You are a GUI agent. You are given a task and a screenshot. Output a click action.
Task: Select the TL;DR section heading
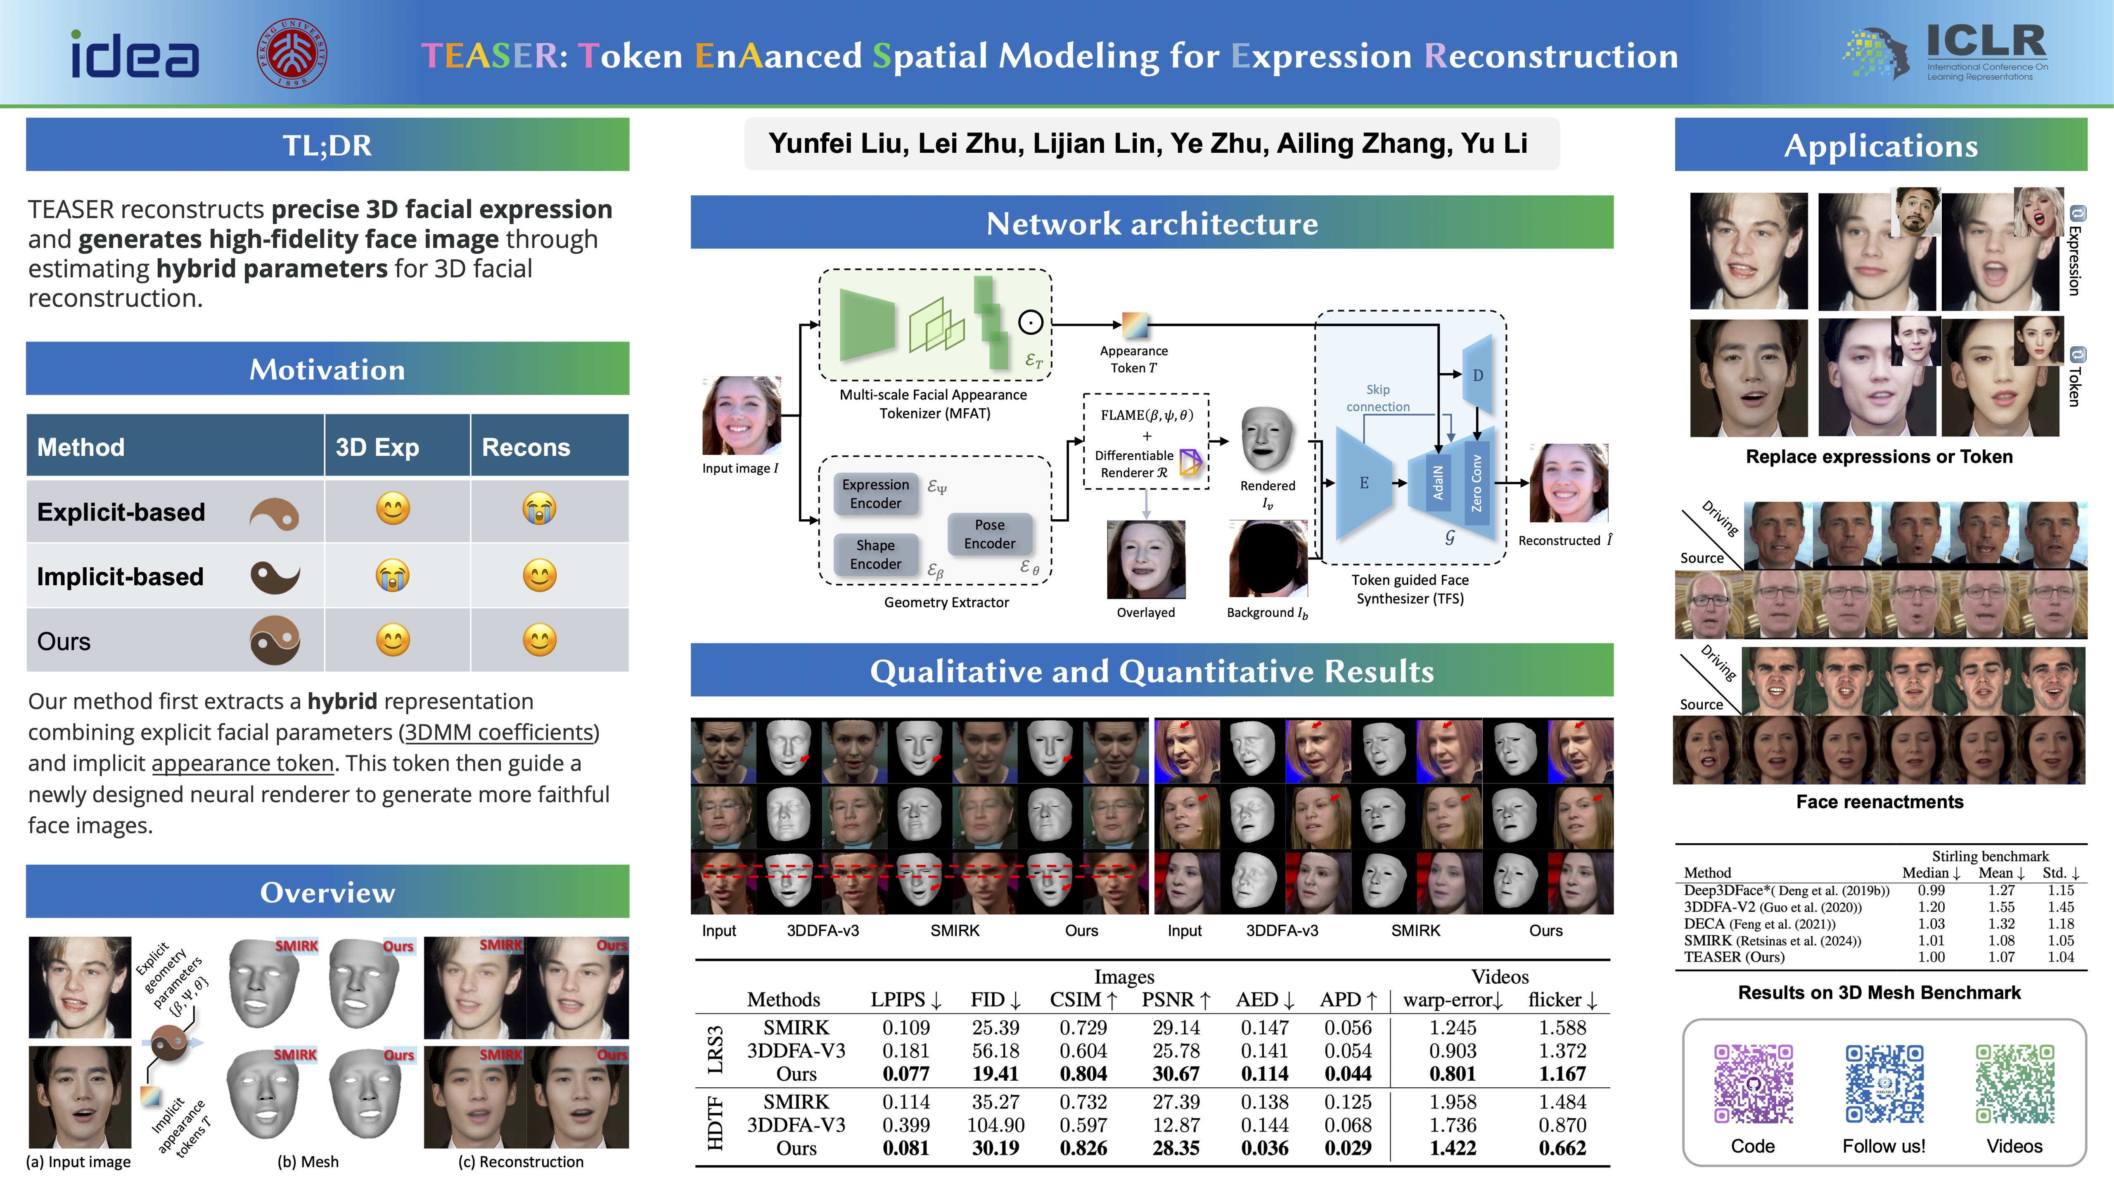pyautogui.click(x=327, y=145)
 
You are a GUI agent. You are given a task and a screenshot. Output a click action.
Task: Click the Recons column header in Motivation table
pyautogui.click(x=526, y=447)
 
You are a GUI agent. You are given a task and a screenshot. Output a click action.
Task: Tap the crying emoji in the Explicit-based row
pyautogui.click(x=539, y=509)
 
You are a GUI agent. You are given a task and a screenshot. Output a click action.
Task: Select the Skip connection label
pyautogui.click(x=1378, y=398)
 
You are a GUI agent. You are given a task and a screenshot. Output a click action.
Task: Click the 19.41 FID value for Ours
pyautogui.click(x=995, y=1074)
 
